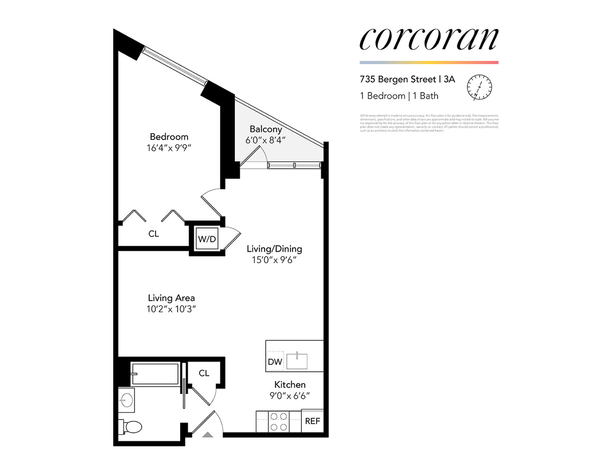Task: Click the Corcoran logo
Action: (x=429, y=39)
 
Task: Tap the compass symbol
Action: (x=479, y=87)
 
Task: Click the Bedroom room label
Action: (x=169, y=137)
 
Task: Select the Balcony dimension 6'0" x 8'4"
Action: (x=265, y=140)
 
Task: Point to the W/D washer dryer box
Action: (x=207, y=239)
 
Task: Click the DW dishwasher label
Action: (x=275, y=362)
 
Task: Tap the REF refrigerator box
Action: (x=312, y=421)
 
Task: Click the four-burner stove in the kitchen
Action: (x=279, y=421)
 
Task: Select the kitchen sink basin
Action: (x=296, y=361)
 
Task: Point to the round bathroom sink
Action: (x=126, y=400)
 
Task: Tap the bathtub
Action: (x=155, y=374)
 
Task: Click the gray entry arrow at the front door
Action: (x=207, y=434)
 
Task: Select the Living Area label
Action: (x=171, y=298)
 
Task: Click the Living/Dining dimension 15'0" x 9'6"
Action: (x=274, y=260)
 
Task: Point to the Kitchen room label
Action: (x=290, y=385)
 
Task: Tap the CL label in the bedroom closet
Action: (x=154, y=234)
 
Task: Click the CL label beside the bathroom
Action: (x=204, y=373)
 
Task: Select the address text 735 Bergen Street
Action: (x=397, y=79)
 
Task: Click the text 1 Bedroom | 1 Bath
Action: (x=399, y=96)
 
